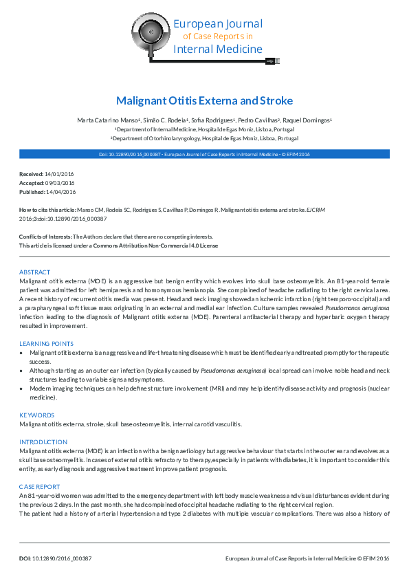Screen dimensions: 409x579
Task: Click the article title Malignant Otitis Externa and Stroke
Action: tap(204, 100)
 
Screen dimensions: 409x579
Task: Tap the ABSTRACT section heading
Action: tap(34, 272)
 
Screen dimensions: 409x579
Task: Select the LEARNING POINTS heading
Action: tap(46, 343)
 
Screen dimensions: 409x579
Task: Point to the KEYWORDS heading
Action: tap(36, 415)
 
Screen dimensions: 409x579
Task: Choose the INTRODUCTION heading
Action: tap(43, 441)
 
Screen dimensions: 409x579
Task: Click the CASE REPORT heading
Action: tap(40, 486)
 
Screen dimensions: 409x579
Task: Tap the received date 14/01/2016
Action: tap(58, 175)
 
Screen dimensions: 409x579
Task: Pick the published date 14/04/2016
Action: tap(61, 191)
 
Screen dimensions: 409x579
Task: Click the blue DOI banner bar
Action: tap(204, 155)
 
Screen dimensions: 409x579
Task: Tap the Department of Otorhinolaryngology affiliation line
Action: tap(205, 138)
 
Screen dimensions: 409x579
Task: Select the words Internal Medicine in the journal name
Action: tap(218, 49)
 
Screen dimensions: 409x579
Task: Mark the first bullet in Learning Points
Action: tap(23, 352)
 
